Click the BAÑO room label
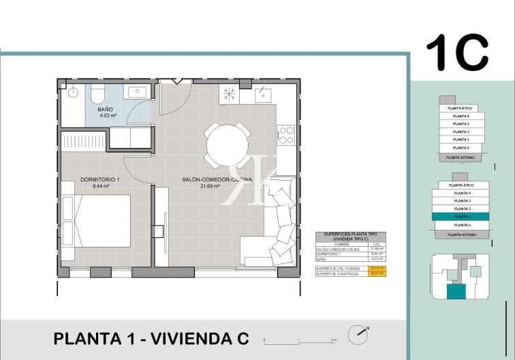tap(105, 109)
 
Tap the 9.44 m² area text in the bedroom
tap(99, 185)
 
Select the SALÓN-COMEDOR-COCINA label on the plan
tap(217, 179)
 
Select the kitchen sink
tap(263, 95)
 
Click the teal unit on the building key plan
tap(456, 292)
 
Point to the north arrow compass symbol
tap(357, 335)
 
